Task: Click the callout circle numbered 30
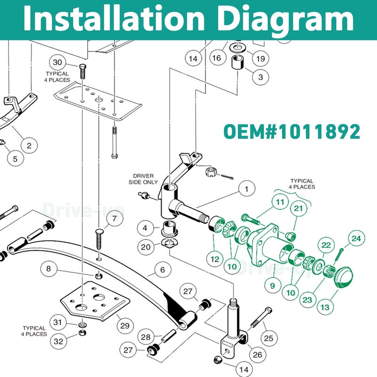57,63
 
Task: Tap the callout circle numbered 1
247,189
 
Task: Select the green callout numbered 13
325,307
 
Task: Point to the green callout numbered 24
356,238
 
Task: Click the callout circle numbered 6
163,270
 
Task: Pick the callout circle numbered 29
125,326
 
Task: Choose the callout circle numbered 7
115,218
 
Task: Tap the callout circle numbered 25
269,338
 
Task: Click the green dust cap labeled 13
344,277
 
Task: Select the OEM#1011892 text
292,131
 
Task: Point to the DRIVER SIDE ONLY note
143,179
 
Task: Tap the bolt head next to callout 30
82,66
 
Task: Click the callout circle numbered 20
146,247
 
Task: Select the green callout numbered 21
298,208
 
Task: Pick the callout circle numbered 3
261,77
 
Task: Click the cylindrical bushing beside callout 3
238,62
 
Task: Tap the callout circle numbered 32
58,341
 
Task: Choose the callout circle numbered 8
49,269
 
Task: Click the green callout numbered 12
215,259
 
